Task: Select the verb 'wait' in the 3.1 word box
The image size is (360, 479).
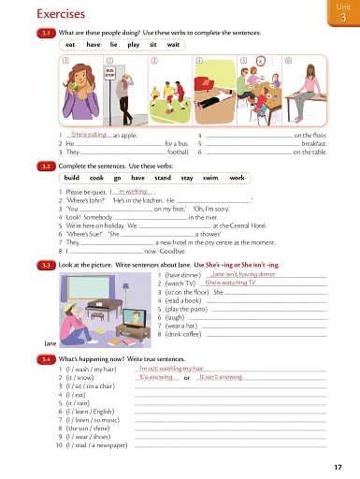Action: [172, 44]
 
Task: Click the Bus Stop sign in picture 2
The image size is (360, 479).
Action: [110, 71]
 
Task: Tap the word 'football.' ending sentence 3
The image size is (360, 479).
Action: [178, 151]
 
